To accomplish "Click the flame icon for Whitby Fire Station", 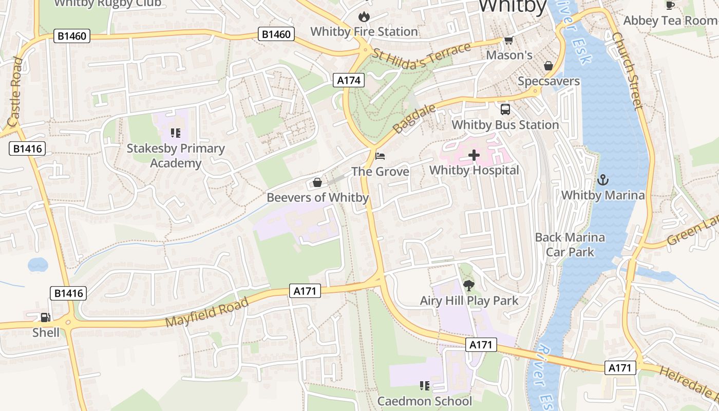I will (x=364, y=16).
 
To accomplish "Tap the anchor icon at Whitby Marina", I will (x=603, y=180).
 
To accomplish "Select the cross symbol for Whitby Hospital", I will (x=474, y=155).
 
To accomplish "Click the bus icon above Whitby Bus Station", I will (x=505, y=109).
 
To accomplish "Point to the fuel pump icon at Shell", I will (x=46, y=317).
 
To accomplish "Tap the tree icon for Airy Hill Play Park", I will (x=469, y=285).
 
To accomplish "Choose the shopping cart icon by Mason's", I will (x=508, y=40).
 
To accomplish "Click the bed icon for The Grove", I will (x=380, y=156).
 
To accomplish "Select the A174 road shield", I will (x=349, y=80).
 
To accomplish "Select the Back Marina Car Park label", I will (x=570, y=245).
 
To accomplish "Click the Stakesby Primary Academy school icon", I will (x=176, y=133).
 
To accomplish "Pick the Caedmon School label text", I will (x=424, y=401).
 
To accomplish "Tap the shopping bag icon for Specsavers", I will (x=548, y=66).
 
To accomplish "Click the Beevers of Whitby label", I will (x=317, y=197).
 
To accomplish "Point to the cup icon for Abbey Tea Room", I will (x=670, y=5).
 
